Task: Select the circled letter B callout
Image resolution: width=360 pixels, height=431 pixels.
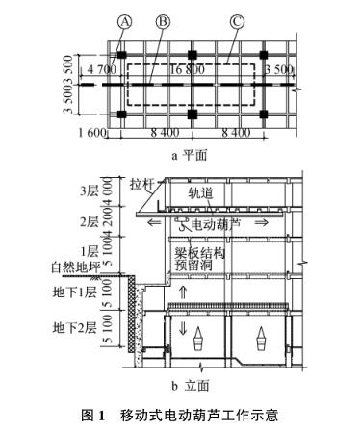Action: pyautogui.click(x=162, y=20)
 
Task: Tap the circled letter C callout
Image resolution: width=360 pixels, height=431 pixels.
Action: pyautogui.click(x=235, y=20)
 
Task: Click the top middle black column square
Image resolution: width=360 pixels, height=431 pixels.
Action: pyautogui.click(x=192, y=54)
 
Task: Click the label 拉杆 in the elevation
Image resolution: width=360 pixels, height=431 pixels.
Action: pyautogui.click(x=141, y=181)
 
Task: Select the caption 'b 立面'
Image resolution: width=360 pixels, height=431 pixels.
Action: pyautogui.click(x=189, y=386)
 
